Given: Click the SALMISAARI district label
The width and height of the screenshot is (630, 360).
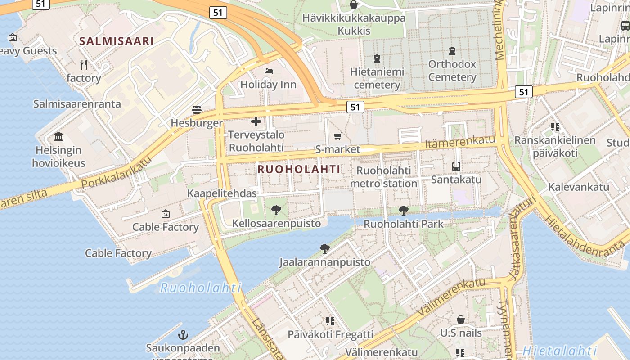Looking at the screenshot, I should tap(117, 41).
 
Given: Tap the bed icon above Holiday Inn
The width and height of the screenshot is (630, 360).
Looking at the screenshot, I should tap(269, 71).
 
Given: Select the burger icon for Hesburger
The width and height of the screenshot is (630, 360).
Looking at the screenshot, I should tap(197, 109).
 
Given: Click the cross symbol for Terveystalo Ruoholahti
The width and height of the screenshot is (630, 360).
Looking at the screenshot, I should tap(256, 121).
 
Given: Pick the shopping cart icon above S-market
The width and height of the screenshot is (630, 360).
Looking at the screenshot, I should tap(338, 136).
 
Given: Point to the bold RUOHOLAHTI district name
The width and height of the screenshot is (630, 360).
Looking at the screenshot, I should tap(299, 169).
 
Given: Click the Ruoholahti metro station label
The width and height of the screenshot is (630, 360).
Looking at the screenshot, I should tap(384, 177).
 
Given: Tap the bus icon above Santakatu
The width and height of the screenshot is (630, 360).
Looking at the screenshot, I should tap(456, 166).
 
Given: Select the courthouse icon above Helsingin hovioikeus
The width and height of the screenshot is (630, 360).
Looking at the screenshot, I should tap(58, 136).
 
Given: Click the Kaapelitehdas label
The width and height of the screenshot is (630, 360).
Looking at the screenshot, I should tap(222, 193).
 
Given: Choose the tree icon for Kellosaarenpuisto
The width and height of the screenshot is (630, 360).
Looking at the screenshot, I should tap(276, 210).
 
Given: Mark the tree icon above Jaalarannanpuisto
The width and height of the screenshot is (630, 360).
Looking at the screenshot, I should tap(324, 248).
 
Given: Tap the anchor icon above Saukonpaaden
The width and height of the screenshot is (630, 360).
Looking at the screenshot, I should tap(183, 334).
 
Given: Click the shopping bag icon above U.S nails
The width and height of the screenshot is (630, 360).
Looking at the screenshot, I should tap(461, 319).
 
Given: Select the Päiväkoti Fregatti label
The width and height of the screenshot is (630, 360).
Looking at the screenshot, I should tap(330, 334).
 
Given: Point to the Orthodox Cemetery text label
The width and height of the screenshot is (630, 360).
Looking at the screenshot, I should tap(452, 71).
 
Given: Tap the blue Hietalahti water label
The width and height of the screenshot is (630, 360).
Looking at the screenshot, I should tap(560, 351).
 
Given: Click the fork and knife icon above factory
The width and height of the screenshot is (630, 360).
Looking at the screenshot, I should tap(84, 64).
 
